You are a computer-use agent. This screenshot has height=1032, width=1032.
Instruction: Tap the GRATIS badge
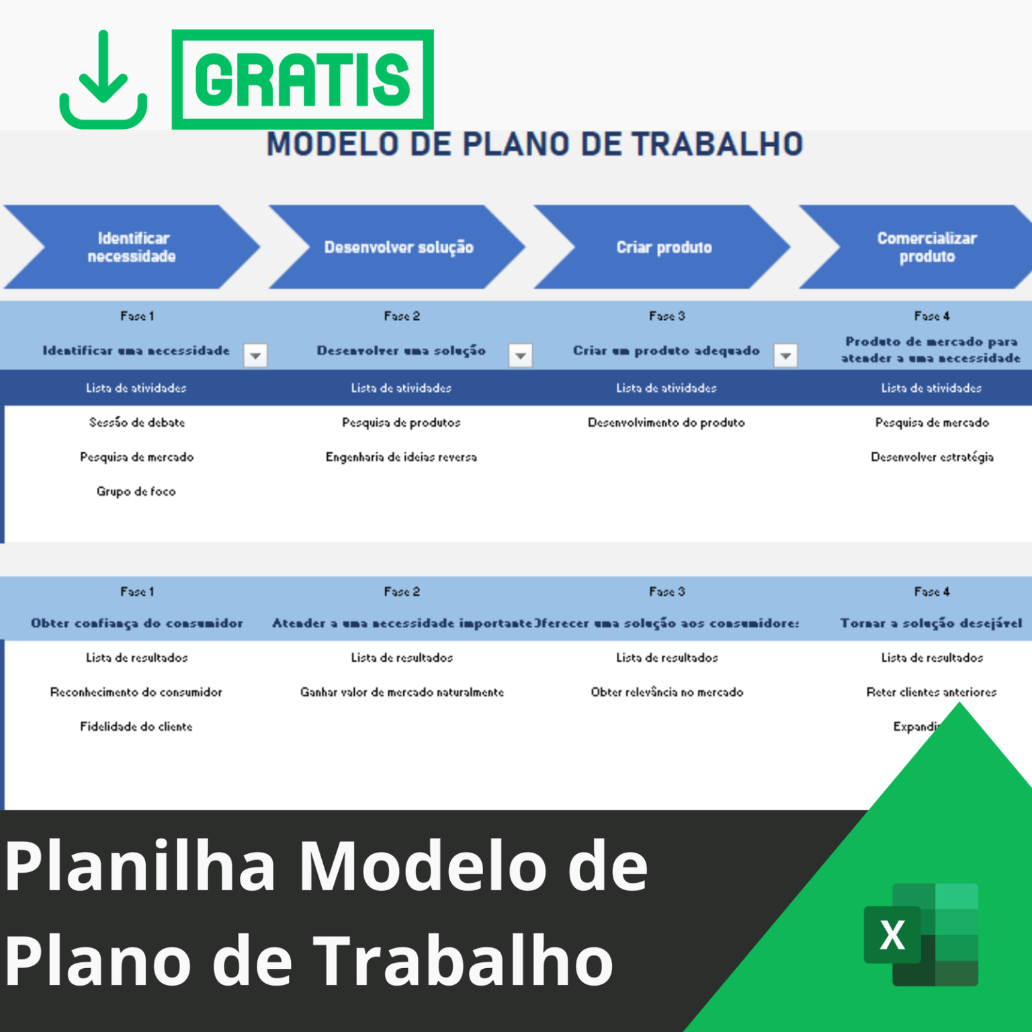pos(302,79)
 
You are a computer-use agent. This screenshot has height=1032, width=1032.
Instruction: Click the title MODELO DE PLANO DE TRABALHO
pos(535,144)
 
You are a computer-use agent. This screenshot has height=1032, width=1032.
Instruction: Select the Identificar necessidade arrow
pos(132,247)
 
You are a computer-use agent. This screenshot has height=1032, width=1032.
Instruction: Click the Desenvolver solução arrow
pos(398,247)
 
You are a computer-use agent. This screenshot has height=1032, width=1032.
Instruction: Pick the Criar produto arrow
pos(664,247)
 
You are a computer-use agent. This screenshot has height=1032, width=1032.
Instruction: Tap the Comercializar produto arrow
pos(927,247)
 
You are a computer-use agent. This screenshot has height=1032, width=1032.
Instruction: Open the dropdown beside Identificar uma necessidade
pos(255,355)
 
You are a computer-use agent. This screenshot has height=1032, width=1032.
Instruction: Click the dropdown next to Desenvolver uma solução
pos(521,355)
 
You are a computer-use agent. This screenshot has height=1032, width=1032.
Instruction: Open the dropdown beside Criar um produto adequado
pos(785,355)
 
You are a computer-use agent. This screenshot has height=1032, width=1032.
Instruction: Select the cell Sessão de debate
pos(137,423)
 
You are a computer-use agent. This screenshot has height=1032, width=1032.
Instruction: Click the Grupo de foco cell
pos(136,492)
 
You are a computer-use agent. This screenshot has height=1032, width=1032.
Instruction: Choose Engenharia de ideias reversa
pos(401,458)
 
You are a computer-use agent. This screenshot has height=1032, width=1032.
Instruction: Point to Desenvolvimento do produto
pos(666,423)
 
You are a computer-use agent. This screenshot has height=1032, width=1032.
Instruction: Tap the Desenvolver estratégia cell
pos(932,458)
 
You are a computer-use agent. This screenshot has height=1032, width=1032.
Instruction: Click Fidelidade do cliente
pos(136,727)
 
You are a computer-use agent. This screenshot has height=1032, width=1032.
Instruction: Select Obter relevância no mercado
pos(667,693)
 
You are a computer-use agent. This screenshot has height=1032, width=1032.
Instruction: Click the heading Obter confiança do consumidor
pos(137,623)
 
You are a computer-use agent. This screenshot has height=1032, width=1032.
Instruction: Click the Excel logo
pos(920,935)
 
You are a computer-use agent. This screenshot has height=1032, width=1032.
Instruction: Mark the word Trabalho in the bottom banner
pos(464,961)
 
